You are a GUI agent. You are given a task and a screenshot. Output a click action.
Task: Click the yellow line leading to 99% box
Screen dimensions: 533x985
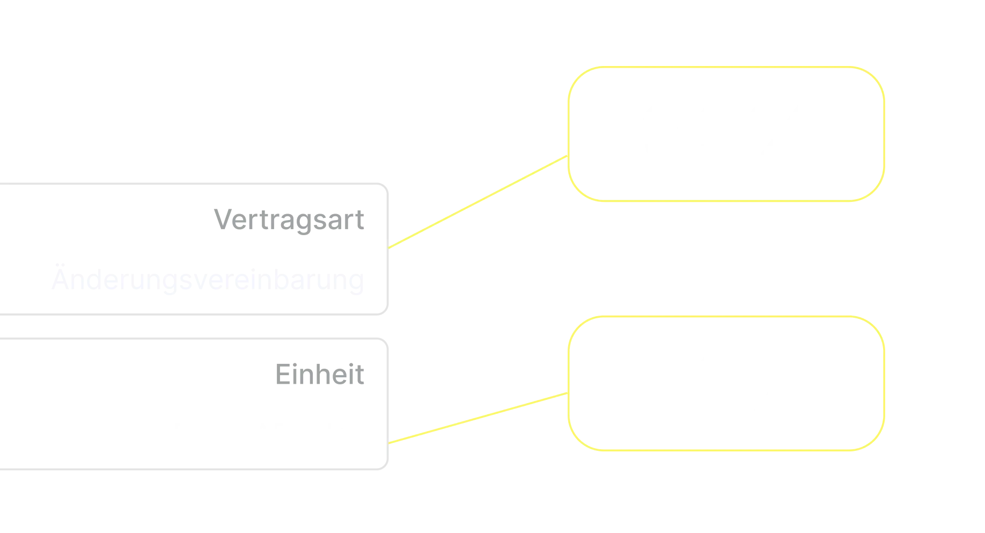(477, 202)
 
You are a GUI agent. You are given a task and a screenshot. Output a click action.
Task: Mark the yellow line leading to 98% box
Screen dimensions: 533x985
(477, 418)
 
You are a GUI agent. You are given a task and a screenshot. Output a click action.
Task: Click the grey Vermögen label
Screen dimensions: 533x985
(288, 220)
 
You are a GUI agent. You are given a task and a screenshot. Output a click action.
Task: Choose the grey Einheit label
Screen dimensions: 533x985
(319, 374)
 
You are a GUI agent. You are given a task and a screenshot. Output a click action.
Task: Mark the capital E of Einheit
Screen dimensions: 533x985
(280, 374)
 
